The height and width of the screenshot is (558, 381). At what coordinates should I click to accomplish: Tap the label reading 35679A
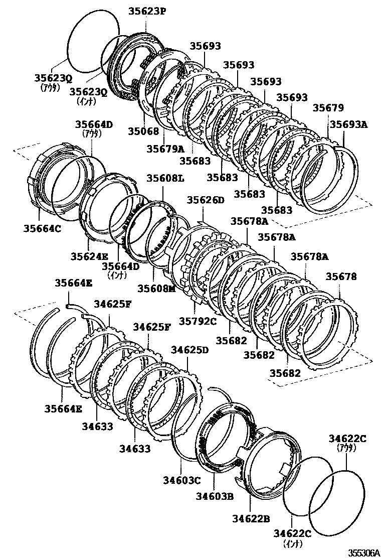pyautogui.click(x=165, y=149)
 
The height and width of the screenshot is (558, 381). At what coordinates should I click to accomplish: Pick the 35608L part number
pyautogui.click(x=165, y=178)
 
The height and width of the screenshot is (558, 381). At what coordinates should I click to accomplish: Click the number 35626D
pyautogui.click(x=206, y=200)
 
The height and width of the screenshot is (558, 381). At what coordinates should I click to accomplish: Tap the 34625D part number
pyautogui.click(x=189, y=349)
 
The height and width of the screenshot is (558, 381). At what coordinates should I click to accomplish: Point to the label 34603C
pyautogui.click(x=181, y=480)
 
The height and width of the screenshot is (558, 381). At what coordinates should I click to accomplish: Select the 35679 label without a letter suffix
pyautogui.click(x=328, y=107)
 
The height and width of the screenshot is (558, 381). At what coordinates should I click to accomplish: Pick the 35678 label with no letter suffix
pyautogui.click(x=341, y=276)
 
